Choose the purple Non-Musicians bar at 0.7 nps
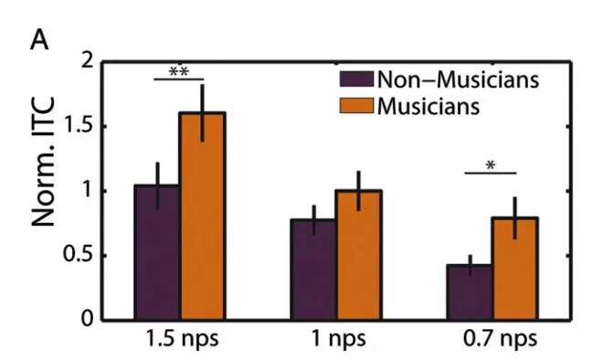point(469,291)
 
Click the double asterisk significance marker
point(179,70)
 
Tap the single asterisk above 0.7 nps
point(491,165)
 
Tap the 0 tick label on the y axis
point(89,319)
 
